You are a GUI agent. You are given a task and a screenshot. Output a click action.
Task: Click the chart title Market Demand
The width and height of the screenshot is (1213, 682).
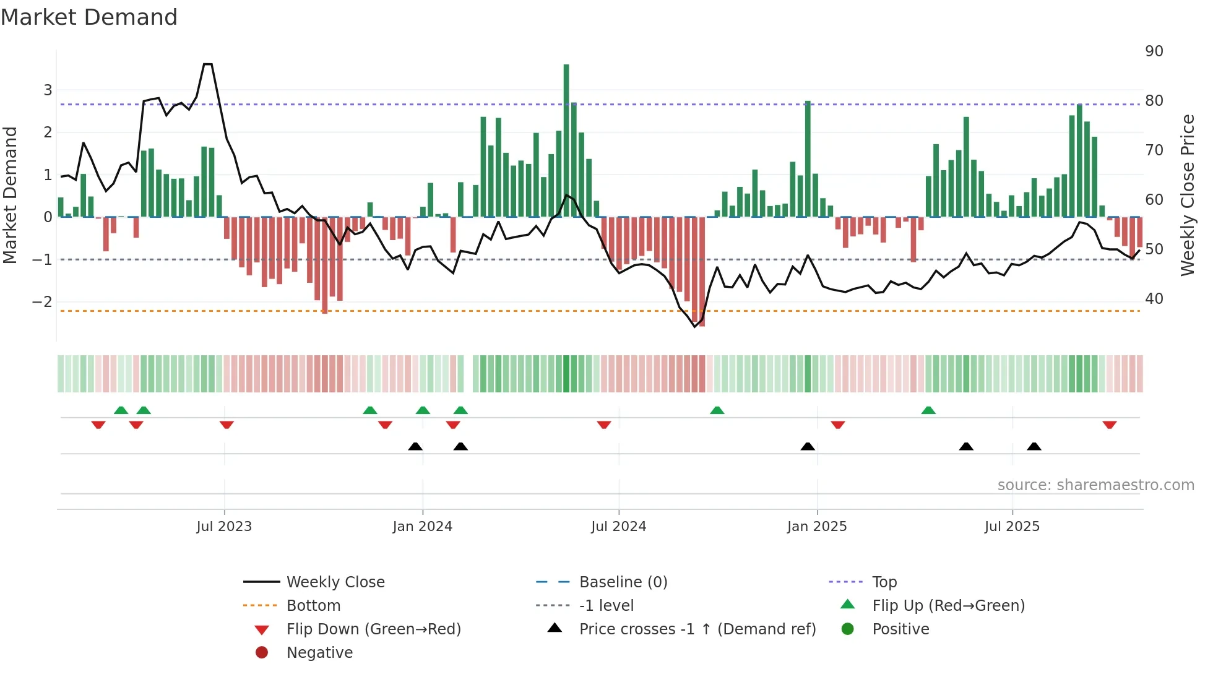pyautogui.click(x=89, y=17)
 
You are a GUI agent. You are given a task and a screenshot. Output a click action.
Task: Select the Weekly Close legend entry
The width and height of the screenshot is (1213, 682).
pyautogui.click(x=335, y=582)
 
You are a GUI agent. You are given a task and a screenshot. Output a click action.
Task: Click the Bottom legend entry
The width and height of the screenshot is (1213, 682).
pyautogui.click(x=313, y=605)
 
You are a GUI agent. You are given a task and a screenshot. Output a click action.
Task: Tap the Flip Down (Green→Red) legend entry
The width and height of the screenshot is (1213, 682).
pyautogui.click(x=373, y=629)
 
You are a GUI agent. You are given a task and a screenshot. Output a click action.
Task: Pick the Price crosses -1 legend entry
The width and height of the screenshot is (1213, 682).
pyautogui.click(x=697, y=629)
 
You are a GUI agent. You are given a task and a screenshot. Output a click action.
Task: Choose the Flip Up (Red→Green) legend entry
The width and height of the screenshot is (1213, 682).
pyautogui.click(x=948, y=605)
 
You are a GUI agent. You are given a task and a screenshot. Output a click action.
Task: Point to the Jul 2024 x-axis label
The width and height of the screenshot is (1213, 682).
pyautogui.click(x=618, y=526)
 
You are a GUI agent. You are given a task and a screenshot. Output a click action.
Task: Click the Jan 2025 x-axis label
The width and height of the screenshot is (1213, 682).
pyautogui.click(x=816, y=526)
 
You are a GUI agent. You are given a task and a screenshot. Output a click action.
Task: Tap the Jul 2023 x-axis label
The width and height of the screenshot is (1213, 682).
pyautogui.click(x=224, y=526)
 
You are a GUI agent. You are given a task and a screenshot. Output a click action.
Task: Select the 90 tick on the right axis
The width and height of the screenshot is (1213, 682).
pyautogui.click(x=1154, y=51)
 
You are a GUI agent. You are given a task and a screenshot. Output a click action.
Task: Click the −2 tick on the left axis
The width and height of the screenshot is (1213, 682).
pyautogui.click(x=42, y=301)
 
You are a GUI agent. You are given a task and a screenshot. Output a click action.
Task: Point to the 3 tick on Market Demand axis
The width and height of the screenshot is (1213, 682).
pyautogui.click(x=48, y=90)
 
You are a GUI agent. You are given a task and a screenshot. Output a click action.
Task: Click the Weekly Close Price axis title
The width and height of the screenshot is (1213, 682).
pyautogui.click(x=1187, y=195)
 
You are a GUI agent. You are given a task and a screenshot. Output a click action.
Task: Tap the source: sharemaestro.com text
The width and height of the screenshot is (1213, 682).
pyautogui.click(x=1095, y=485)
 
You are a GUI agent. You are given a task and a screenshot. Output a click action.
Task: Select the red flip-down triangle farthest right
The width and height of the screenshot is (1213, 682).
pyautogui.click(x=1109, y=425)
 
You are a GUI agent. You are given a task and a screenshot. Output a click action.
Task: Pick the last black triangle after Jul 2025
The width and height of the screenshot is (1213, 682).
pyautogui.click(x=1034, y=446)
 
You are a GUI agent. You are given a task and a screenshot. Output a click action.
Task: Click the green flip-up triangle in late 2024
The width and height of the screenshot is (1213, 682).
pyautogui.click(x=717, y=410)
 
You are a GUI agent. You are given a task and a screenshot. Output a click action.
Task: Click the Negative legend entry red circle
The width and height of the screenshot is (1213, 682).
pyautogui.click(x=262, y=652)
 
